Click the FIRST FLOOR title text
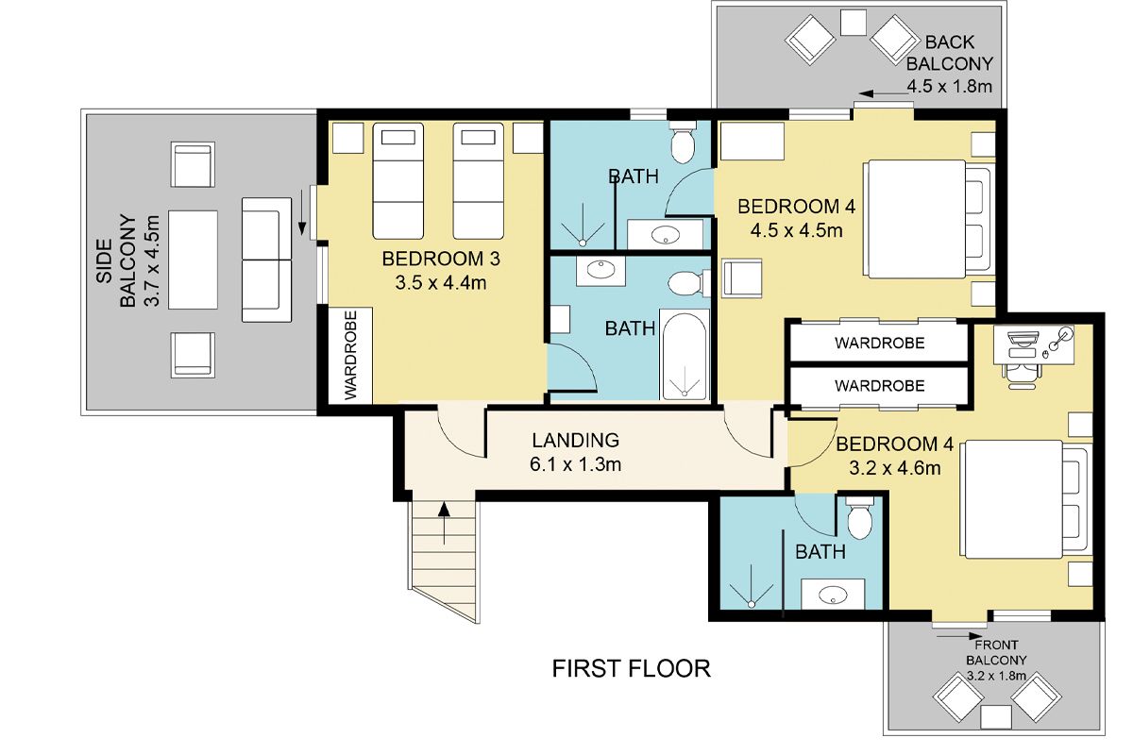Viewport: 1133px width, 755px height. pyautogui.click(x=631, y=668)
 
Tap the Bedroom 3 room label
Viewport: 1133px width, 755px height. pyautogui.click(x=441, y=259)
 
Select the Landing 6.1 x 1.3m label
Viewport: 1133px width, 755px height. pyautogui.click(x=576, y=452)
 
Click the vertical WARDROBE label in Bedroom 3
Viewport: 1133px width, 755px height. pyautogui.click(x=350, y=355)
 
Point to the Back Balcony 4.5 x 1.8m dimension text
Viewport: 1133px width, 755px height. pyautogui.click(x=950, y=86)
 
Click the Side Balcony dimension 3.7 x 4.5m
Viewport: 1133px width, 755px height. pyautogui.click(x=152, y=260)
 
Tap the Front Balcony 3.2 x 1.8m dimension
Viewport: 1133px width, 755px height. pyautogui.click(x=996, y=676)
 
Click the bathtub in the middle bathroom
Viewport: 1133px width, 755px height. pyautogui.click(x=685, y=355)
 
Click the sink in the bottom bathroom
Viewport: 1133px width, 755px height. pyautogui.click(x=833, y=594)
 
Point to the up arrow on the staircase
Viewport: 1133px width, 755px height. pyautogui.click(x=444, y=523)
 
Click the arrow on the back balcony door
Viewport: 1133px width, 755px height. pyautogui.click(x=884, y=93)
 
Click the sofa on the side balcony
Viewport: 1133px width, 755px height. pyautogui.click(x=266, y=260)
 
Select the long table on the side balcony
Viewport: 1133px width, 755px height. pyautogui.click(x=193, y=260)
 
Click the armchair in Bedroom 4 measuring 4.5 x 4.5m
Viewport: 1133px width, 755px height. pyautogui.click(x=742, y=278)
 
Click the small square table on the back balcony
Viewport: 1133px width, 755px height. pyautogui.click(x=854, y=23)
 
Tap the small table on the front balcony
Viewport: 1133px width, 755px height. pyautogui.click(x=996, y=717)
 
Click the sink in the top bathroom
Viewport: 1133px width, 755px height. pyautogui.click(x=665, y=235)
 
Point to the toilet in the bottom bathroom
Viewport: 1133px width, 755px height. pyautogui.click(x=860, y=518)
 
